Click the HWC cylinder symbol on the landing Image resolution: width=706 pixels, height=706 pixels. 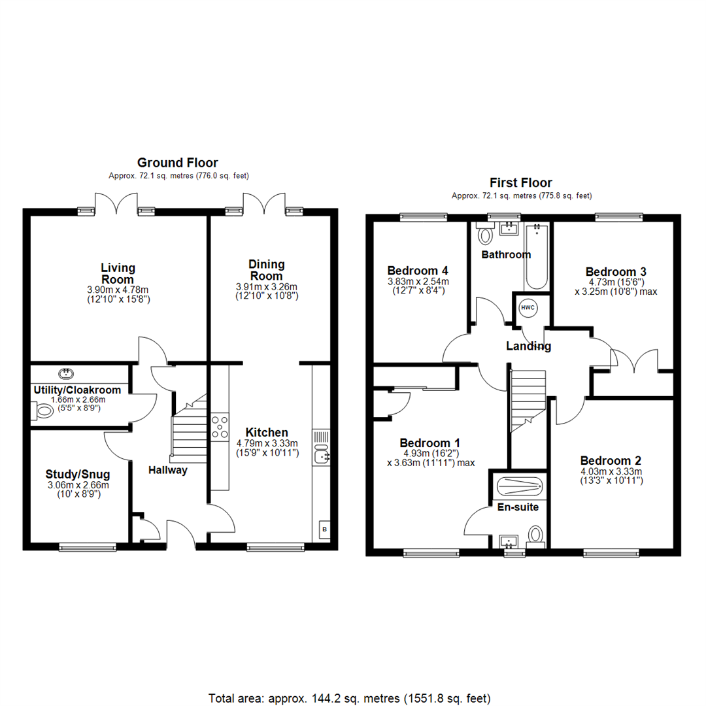pos(528,308)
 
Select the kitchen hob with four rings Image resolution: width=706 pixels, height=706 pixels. pos(220,426)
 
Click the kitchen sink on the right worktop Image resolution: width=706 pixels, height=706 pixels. pos(322,454)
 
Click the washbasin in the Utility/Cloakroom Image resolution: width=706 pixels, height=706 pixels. pos(66,373)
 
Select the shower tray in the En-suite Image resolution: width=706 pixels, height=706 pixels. pos(520,486)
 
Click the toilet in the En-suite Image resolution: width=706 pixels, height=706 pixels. pos(535,535)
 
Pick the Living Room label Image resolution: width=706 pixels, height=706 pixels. pos(118,273)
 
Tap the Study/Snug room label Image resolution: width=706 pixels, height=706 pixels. pos(77,474)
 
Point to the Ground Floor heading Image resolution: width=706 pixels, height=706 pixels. pos(177,163)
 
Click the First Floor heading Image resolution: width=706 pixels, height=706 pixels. pos(520,183)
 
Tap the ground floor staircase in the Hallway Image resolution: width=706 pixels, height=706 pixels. pos(190,431)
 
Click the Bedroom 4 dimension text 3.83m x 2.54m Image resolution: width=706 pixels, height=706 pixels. pos(418,282)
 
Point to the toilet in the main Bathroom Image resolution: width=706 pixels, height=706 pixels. pos(485,233)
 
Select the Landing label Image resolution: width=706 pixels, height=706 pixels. pos(529,346)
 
